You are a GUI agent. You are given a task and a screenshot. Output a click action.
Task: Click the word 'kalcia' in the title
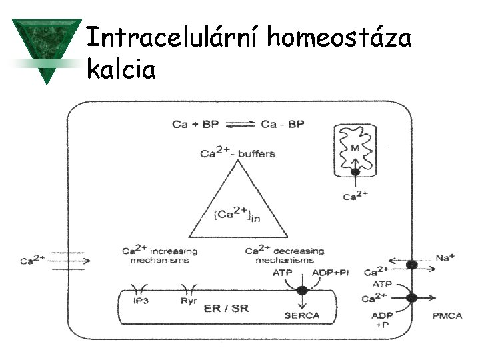pos(121,68)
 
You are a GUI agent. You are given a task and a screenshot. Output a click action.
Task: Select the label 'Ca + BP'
pos(195,124)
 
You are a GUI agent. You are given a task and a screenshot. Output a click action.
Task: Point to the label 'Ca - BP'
pos(282,124)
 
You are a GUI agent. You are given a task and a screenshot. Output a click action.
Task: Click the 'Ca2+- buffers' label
pos(237,153)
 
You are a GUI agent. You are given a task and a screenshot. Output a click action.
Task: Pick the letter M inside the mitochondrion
pos(357,147)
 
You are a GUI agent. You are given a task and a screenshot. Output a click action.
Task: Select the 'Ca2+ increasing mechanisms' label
pos(159,255)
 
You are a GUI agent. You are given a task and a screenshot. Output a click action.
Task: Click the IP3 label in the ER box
pos(141,301)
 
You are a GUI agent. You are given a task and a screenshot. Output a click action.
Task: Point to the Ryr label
pos(187,301)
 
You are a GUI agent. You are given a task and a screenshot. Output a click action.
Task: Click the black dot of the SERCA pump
pos(302,291)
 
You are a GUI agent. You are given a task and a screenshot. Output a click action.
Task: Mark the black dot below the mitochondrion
pos(355,173)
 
